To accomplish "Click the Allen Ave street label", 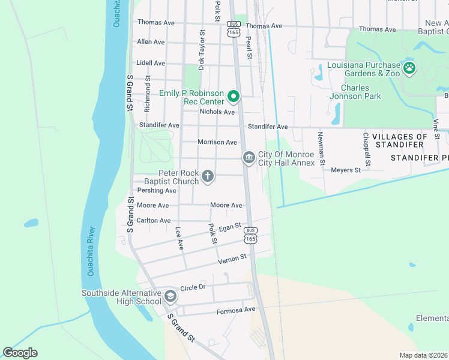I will (151, 42).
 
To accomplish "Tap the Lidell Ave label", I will (151, 63).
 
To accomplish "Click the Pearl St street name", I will (247, 47).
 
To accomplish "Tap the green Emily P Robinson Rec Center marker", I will (233, 97).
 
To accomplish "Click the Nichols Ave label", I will (217, 112).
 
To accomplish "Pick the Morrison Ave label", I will (217, 142).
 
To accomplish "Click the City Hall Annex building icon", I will (249, 158).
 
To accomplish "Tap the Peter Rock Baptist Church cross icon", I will (208, 176).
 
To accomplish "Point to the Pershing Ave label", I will (157, 191).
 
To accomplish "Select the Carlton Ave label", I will (154, 220).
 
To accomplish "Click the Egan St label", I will (230, 227).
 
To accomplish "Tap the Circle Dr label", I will (193, 287).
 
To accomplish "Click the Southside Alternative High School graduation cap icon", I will (170, 296).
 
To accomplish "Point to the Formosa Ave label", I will (236, 310).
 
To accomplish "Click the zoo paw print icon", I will (409, 68).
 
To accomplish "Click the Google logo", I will (20, 353).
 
